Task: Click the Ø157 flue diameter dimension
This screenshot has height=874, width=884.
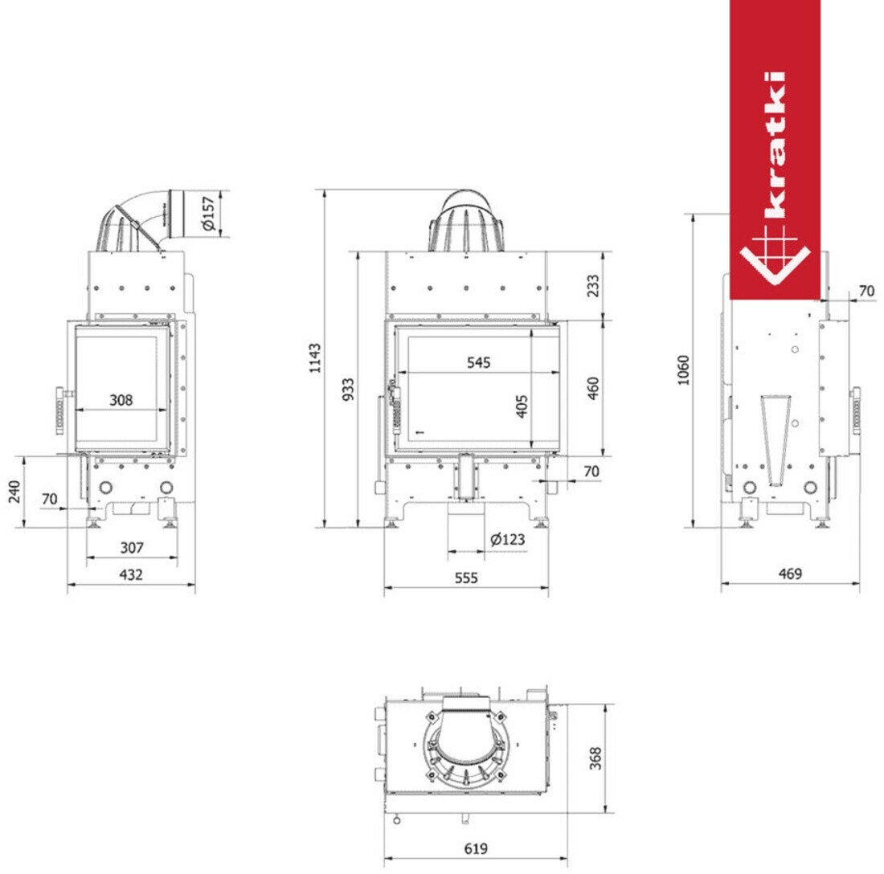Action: coord(208,213)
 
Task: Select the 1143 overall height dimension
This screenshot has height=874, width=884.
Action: coord(314,357)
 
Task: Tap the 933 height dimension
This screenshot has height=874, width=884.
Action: coord(349,390)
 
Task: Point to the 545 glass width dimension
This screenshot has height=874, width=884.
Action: coord(479,362)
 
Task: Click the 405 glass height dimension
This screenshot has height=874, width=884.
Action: coord(522,406)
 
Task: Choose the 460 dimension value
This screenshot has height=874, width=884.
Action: coord(592,388)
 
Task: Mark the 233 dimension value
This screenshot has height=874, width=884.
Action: coord(592,286)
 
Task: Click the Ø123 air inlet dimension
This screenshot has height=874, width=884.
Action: coord(507,539)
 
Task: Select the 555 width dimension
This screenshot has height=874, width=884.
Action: coord(466,578)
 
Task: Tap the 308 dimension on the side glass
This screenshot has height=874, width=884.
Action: coord(121,400)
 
